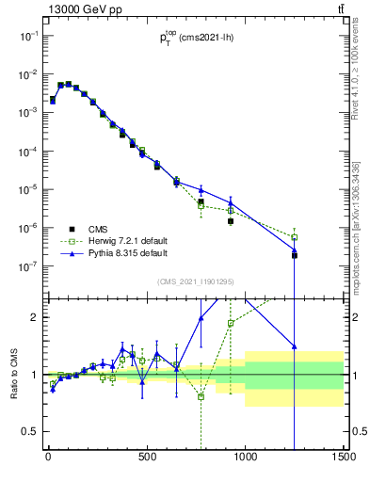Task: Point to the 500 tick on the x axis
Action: pos(147,459)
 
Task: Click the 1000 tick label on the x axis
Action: pos(245,459)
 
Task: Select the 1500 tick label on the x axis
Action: pos(343,459)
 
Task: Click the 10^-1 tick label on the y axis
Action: pos(28,35)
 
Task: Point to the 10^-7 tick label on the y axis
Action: pos(28,266)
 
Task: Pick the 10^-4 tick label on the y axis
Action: pos(28,151)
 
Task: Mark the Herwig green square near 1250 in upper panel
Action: pos(294,237)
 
